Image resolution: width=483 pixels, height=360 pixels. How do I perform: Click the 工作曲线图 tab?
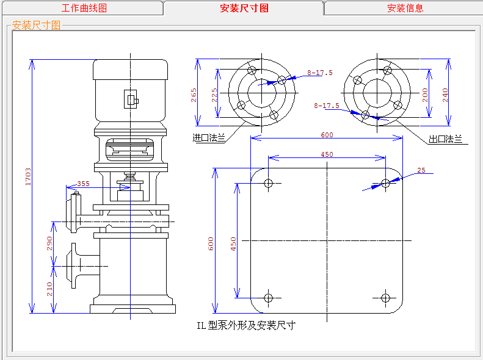click(x=84, y=8)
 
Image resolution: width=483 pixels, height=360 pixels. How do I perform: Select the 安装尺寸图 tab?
click(x=244, y=8)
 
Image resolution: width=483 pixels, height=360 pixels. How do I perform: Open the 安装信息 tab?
click(x=405, y=8)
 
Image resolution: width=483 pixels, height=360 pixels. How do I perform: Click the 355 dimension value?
click(x=82, y=184)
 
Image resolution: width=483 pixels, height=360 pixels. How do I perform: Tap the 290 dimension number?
click(x=49, y=243)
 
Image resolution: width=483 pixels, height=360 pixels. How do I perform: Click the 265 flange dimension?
click(x=194, y=95)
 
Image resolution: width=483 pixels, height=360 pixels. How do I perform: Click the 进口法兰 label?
click(x=209, y=139)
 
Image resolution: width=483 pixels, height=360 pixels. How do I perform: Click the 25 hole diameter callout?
click(x=421, y=170)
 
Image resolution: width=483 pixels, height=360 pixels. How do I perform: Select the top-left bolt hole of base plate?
click(x=268, y=182)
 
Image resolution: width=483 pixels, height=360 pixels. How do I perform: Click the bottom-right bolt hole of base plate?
click(x=385, y=298)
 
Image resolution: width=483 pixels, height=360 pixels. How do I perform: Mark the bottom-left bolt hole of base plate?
click(x=268, y=298)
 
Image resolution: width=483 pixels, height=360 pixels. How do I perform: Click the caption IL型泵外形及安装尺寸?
click(x=245, y=325)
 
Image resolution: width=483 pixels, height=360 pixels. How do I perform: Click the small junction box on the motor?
click(x=131, y=99)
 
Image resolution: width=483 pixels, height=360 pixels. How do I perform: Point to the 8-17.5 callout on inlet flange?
click(x=320, y=73)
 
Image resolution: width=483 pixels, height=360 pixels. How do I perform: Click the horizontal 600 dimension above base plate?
click(x=327, y=135)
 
